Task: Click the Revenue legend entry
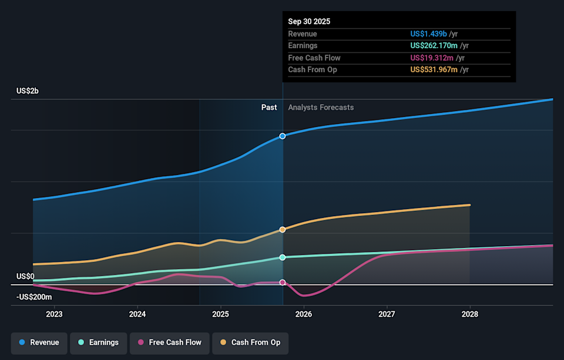40,342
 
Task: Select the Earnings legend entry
98,342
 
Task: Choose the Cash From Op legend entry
251,342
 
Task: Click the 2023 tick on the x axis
54,314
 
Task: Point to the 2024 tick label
137,314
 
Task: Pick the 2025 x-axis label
220,314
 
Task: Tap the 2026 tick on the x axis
304,314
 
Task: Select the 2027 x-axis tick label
387,314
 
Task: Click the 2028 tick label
470,314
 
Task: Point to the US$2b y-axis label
28,91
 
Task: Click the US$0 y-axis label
25,276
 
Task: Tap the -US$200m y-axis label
35,297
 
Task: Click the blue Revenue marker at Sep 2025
283,136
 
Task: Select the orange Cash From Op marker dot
283,230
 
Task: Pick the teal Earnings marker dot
283,257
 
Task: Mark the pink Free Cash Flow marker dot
283,282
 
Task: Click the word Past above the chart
269,107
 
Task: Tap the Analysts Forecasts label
321,107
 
